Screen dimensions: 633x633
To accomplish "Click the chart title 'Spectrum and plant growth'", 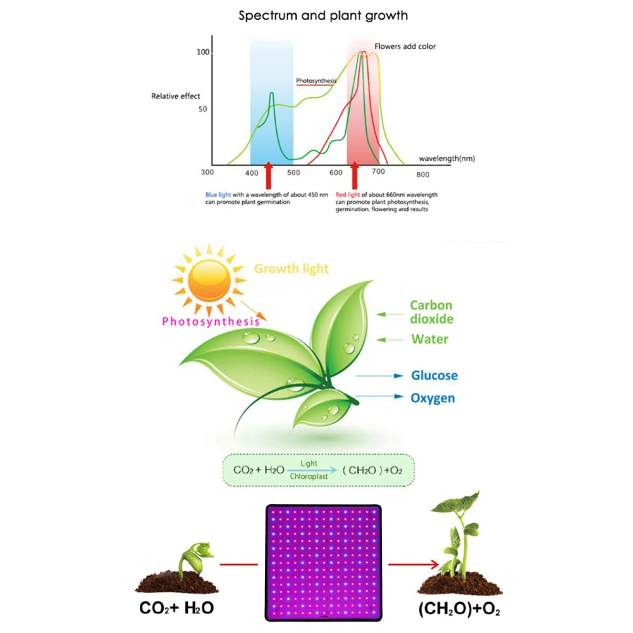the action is tap(323, 16).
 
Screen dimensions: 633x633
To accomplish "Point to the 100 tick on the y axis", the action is tap(203, 52).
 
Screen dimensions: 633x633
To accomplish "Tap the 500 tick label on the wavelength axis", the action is tap(293, 173).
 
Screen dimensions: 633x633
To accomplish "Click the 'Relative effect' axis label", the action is tap(176, 96).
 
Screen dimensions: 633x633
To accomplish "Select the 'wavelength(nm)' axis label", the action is tap(447, 159).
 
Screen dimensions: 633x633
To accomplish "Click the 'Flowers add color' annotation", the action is tap(405, 46).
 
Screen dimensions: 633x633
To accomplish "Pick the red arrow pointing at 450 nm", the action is tap(269, 176).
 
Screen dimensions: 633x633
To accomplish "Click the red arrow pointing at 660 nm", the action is tap(355, 176).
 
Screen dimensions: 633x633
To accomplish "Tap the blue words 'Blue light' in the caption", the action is tap(218, 195).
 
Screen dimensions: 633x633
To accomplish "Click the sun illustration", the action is tap(209, 280).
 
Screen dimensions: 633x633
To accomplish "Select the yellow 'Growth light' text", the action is tap(291, 269).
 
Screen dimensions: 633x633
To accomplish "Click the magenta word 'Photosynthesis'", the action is tap(211, 321).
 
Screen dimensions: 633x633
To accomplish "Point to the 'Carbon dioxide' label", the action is tap(431, 312).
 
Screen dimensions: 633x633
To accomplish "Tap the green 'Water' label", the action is tap(429, 339).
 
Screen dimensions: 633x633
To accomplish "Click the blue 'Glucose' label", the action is tap(434, 376).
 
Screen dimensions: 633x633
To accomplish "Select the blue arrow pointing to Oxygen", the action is tap(379, 396).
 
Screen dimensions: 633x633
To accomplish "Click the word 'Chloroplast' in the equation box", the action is tap(309, 477).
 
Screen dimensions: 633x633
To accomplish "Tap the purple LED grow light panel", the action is tap(323, 563).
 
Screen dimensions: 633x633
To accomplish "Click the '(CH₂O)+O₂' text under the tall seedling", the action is tap(459, 609).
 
